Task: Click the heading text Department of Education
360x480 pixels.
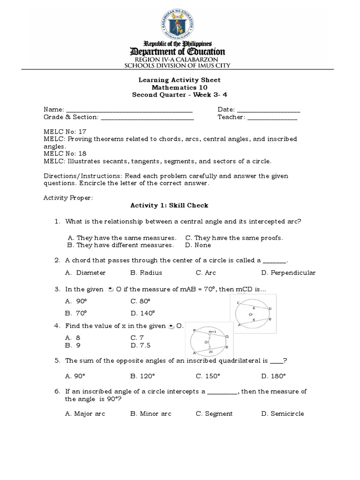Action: (x=180, y=52)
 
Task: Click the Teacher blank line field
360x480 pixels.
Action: (x=272, y=117)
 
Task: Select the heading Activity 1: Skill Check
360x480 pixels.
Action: (x=169, y=205)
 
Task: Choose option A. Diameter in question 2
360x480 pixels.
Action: (x=86, y=272)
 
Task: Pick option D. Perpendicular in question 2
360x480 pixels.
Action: (x=288, y=272)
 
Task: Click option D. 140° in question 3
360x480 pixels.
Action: (x=143, y=313)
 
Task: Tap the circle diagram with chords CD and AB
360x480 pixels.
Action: (x=255, y=313)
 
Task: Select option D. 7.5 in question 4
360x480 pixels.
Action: (x=142, y=345)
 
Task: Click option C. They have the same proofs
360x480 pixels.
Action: (x=234, y=238)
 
